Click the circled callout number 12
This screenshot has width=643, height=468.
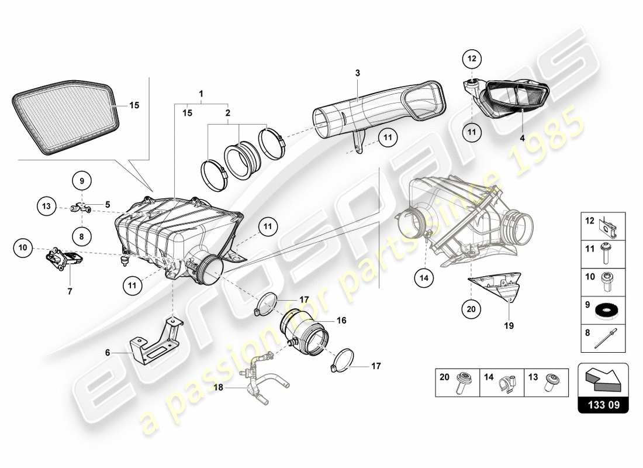point(472,58)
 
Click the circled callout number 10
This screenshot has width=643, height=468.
point(23,249)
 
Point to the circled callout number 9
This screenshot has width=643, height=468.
point(82,181)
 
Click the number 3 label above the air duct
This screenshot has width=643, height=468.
point(358,73)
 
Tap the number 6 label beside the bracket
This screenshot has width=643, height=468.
point(108,353)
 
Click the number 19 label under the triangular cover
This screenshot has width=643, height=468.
point(509,326)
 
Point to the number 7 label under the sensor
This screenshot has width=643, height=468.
point(70,291)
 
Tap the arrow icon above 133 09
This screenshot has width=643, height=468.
point(603,377)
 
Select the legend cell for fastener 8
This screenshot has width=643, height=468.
point(603,338)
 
